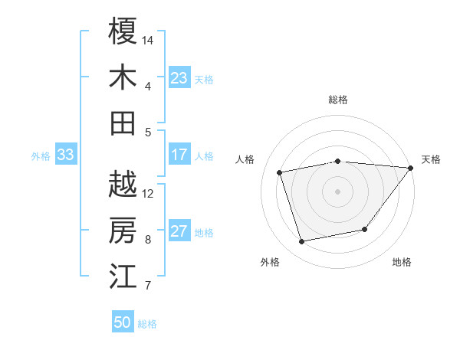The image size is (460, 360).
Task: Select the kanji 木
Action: tap(123, 77)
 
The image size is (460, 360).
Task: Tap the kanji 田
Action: tap(123, 123)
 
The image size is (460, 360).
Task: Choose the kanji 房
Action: tap(123, 231)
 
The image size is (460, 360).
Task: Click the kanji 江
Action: tap(123, 277)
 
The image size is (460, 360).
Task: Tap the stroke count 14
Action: tap(149, 39)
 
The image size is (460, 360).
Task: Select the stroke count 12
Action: tap(149, 193)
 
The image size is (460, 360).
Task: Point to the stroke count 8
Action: tap(148, 240)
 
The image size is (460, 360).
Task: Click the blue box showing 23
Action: tap(179, 77)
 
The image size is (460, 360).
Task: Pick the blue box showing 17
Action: tap(179, 155)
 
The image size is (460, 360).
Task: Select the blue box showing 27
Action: tap(179, 232)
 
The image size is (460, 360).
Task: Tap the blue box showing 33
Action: tap(65, 155)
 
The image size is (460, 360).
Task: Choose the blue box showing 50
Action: tap(122, 322)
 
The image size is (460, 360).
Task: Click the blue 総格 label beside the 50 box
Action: tap(147, 324)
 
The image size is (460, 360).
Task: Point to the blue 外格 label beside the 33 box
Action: tap(41, 156)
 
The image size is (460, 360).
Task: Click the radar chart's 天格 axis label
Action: tap(431, 159)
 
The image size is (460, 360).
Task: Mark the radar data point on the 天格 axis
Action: tap(411, 168)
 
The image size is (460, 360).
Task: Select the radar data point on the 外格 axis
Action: tap(302, 242)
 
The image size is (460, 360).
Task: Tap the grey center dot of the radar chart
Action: tap(337, 191)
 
